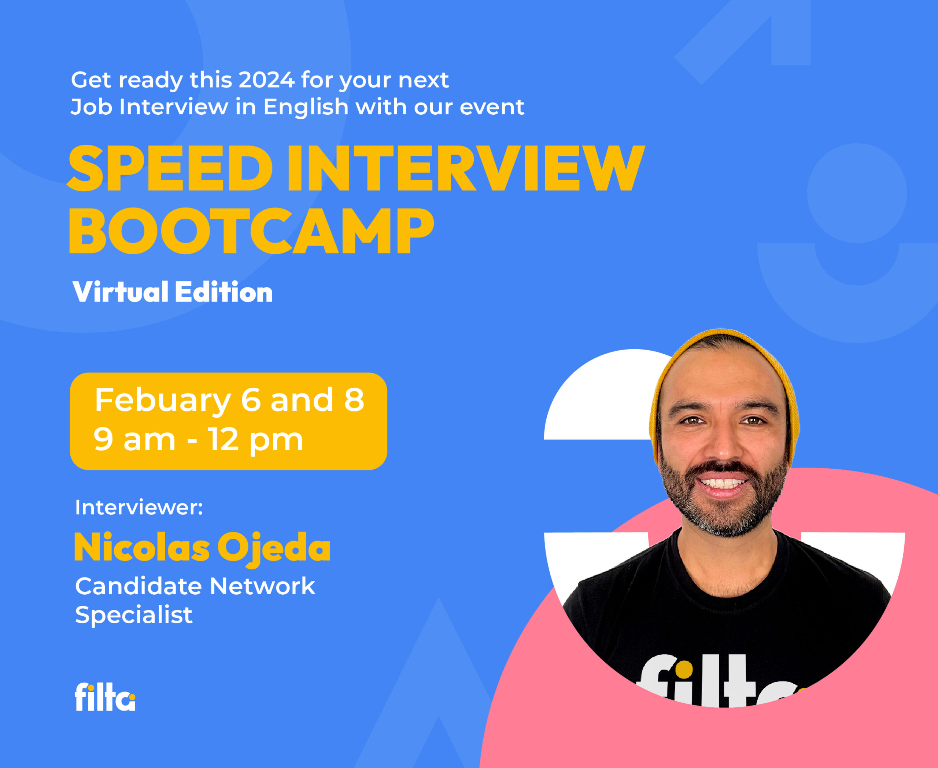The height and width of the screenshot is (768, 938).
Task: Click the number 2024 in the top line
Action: tap(266, 80)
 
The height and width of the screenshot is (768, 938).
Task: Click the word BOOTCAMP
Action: tap(251, 230)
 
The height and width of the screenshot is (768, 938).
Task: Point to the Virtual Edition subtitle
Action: tap(173, 292)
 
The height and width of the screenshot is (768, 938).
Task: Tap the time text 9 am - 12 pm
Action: tap(198, 439)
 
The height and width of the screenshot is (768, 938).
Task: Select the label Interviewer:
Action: tap(139, 507)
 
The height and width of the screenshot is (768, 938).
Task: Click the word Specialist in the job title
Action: tap(134, 615)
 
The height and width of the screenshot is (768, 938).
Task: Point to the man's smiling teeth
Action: tap(722, 483)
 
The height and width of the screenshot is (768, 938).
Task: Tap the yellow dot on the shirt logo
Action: tap(684, 669)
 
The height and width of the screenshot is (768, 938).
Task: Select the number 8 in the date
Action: tap(354, 399)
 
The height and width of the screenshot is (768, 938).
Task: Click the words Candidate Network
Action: tap(195, 586)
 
